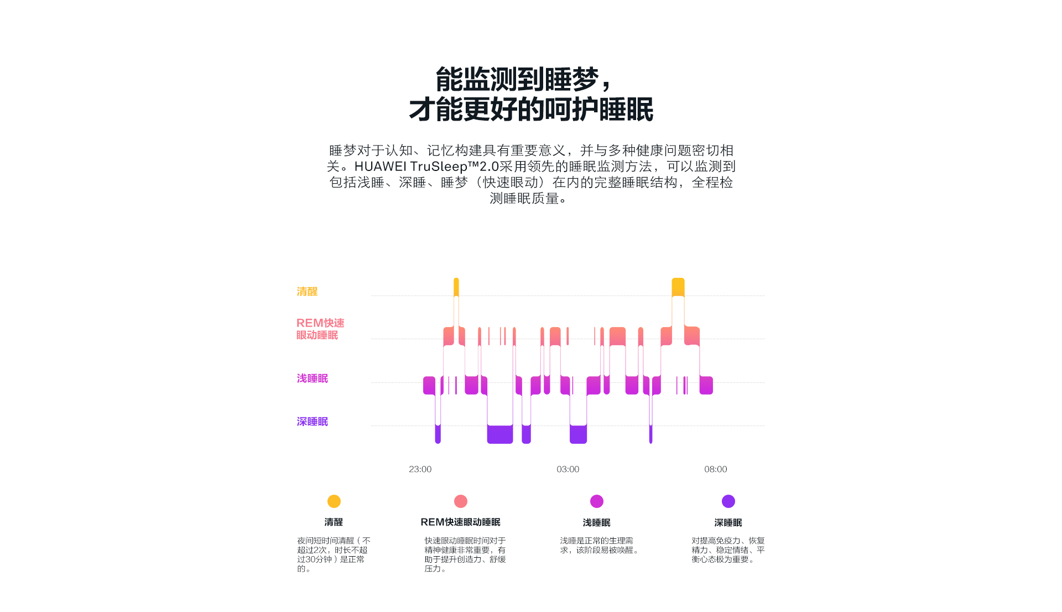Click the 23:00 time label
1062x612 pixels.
coord(420,469)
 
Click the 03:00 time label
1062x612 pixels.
coord(568,469)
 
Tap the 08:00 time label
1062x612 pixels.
coord(715,469)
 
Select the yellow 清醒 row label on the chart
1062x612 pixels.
coord(307,292)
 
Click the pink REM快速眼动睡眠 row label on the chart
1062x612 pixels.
coord(320,329)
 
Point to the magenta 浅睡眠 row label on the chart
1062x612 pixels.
coord(312,378)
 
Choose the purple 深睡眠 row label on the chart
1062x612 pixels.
coord(312,422)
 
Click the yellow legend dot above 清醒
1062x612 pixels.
coord(334,501)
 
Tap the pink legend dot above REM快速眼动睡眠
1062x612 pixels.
coord(461,501)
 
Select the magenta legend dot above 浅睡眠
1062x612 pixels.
coord(597,501)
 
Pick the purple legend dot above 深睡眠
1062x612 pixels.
coord(728,501)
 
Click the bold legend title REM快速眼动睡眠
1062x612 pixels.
coord(460,522)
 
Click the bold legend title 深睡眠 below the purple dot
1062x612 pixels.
coord(728,523)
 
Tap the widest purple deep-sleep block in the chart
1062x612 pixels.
coord(500,434)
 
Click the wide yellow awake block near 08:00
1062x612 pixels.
coord(678,287)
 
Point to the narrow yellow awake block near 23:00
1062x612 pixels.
coord(456,287)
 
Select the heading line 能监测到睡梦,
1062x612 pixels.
coord(523,80)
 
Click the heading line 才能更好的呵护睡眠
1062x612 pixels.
coord(531,110)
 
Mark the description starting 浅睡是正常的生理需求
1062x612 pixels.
coord(600,545)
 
